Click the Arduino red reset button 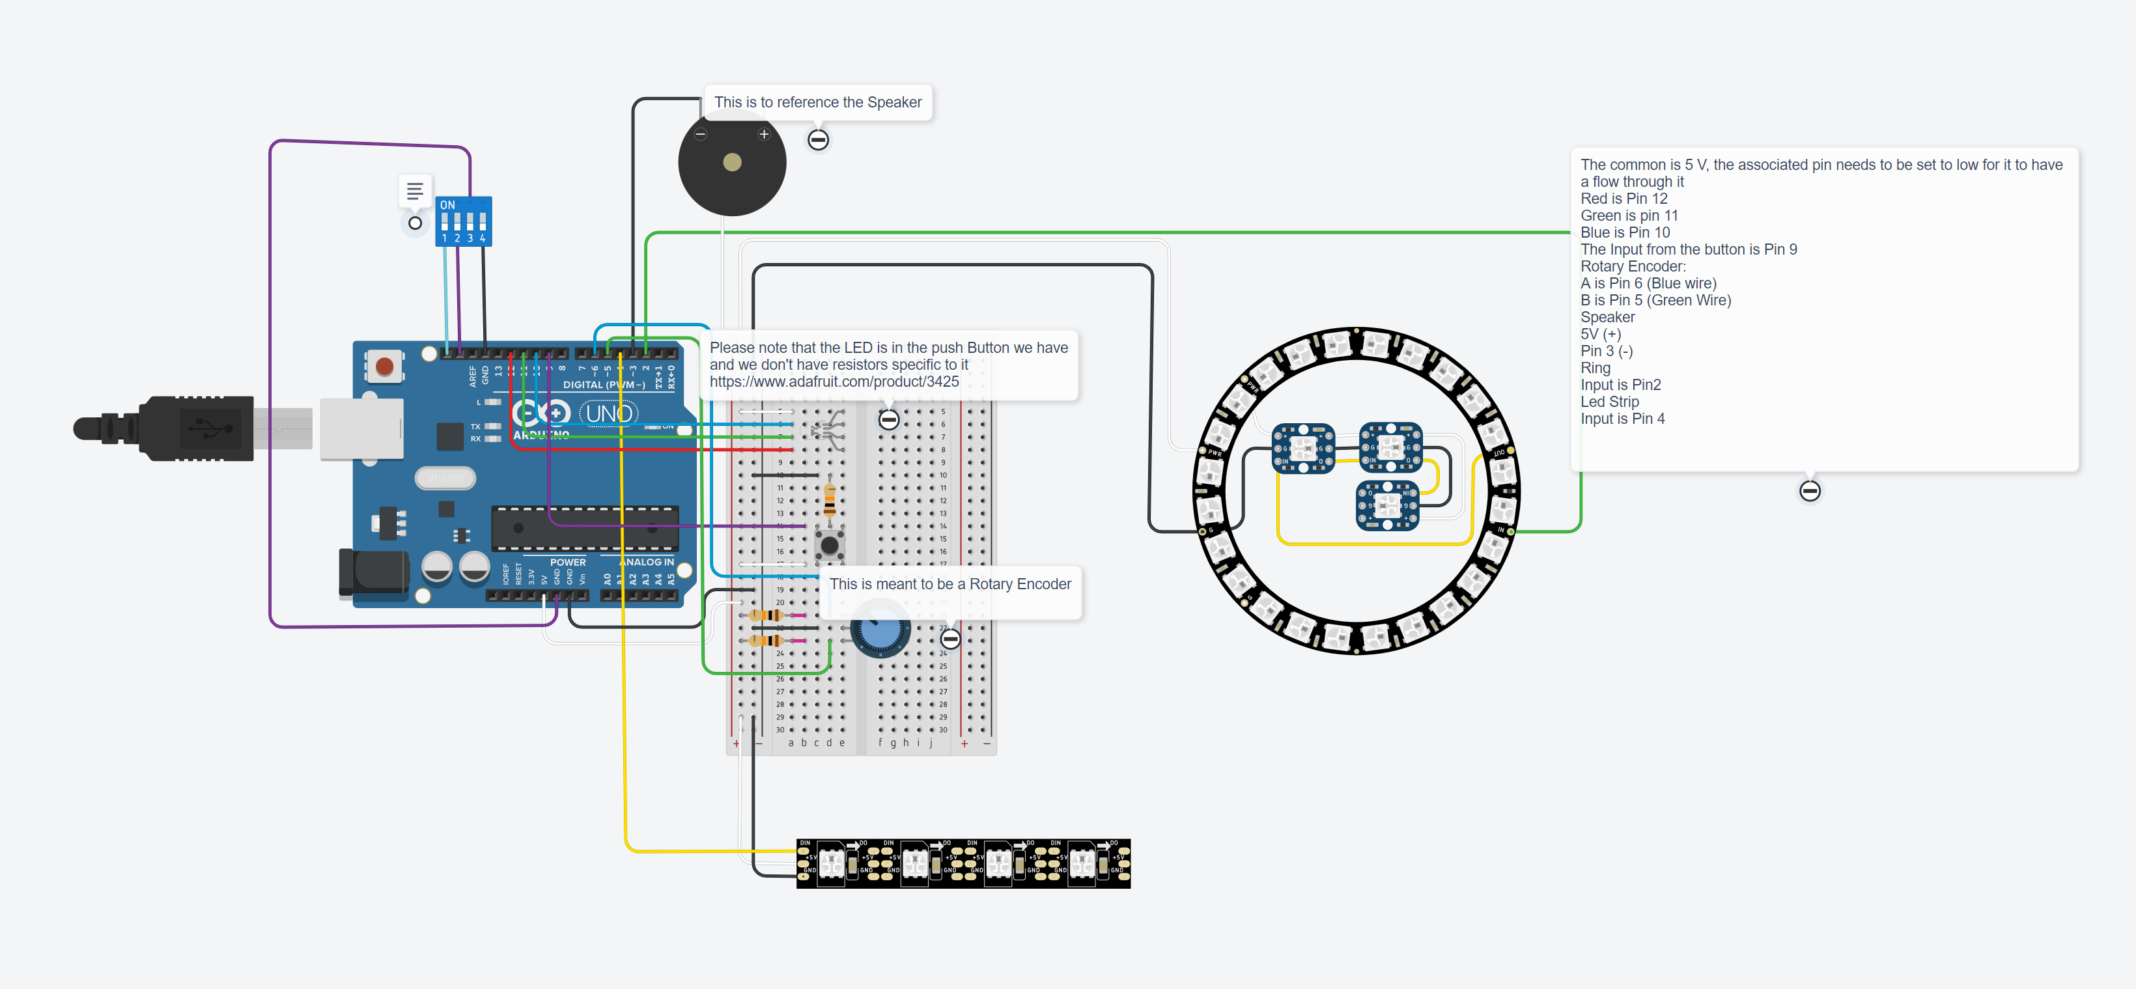coord(384,366)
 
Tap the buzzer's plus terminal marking coord(764,134)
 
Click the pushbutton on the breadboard coord(829,545)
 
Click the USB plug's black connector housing coord(197,428)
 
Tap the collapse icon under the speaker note coord(817,140)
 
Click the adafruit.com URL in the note coord(834,382)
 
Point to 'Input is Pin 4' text coord(1622,419)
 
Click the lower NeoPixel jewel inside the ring coord(1387,505)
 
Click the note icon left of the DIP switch coord(415,191)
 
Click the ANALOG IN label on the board coord(647,561)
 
